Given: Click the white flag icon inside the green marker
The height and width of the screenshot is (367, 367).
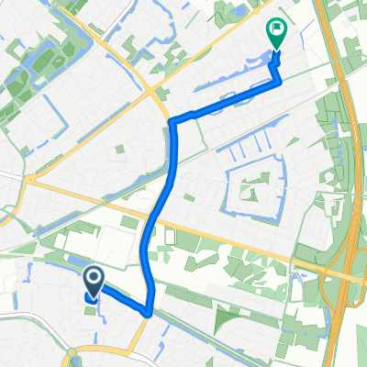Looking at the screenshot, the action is [x=275, y=29].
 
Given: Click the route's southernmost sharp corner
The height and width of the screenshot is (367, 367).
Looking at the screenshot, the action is [x=149, y=313].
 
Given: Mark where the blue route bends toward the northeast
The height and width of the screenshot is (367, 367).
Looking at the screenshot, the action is [x=173, y=122].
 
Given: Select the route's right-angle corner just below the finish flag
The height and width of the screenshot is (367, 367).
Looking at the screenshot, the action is [x=280, y=81].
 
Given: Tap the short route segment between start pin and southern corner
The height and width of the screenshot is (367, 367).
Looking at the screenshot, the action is [x=122, y=299].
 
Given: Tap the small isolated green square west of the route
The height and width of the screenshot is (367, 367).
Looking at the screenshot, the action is [x=120, y=147].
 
